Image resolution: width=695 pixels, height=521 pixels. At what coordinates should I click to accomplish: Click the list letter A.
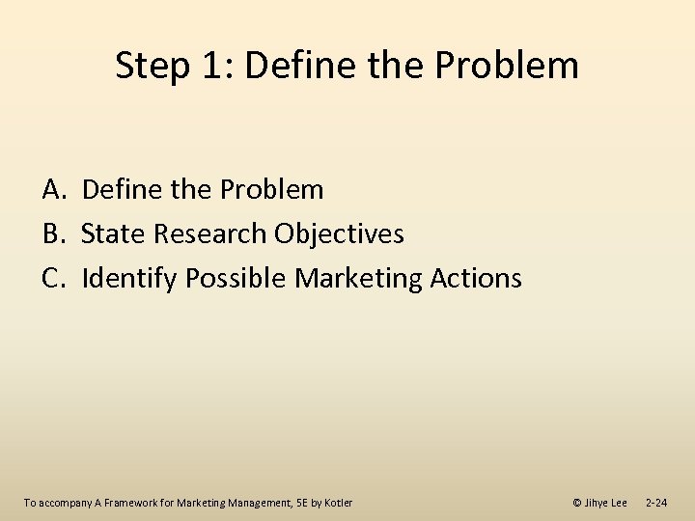click(x=53, y=190)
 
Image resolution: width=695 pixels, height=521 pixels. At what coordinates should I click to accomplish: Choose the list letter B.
click(x=53, y=234)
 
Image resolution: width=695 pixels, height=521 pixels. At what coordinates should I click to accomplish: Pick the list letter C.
click(x=53, y=279)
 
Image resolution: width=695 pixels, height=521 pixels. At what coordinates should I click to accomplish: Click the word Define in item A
click(x=122, y=190)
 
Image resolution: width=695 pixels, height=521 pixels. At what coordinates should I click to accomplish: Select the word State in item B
click(x=112, y=234)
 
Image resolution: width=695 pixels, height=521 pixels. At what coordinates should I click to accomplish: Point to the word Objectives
click(x=339, y=234)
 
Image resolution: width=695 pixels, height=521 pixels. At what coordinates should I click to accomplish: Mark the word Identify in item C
click(x=130, y=279)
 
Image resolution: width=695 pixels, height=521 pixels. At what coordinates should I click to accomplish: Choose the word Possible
click(x=236, y=279)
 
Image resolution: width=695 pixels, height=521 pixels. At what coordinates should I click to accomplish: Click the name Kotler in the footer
click(x=337, y=503)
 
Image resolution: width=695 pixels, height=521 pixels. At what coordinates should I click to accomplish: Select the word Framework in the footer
click(x=128, y=503)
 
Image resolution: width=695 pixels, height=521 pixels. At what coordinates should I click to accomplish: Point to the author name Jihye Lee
click(x=605, y=503)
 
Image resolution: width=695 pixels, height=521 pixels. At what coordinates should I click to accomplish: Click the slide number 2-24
click(x=655, y=503)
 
